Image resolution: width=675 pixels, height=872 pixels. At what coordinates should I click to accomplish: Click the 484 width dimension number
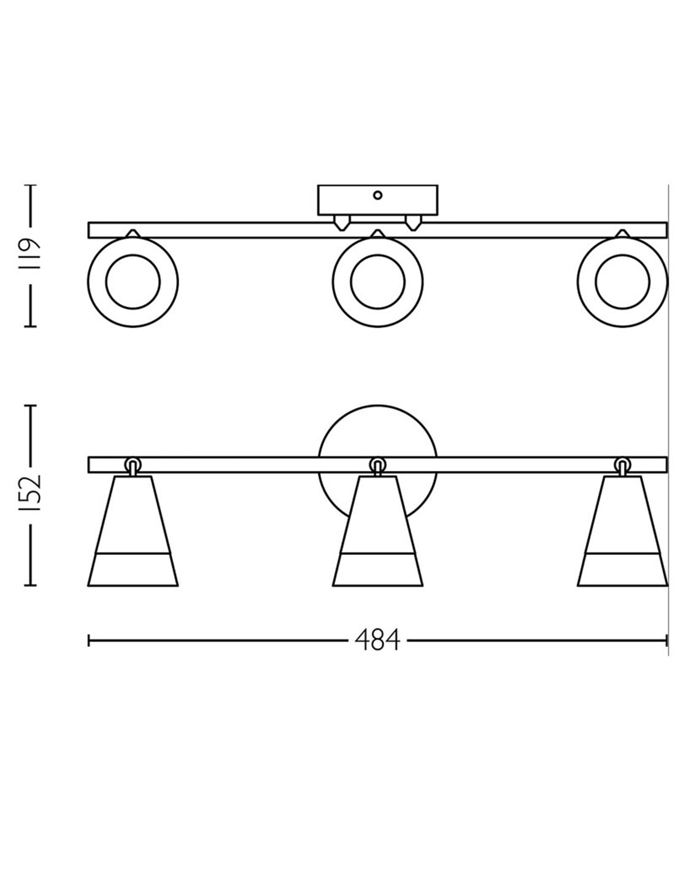point(377,640)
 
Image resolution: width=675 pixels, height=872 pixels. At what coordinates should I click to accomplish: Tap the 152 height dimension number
point(30,493)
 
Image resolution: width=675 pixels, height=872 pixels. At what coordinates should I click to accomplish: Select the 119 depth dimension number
point(30,254)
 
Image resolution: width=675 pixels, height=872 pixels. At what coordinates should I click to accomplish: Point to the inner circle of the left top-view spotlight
point(133,281)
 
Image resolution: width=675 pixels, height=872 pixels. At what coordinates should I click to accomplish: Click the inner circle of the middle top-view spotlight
point(377,281)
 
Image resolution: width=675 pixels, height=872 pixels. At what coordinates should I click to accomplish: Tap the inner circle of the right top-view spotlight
point(622,281)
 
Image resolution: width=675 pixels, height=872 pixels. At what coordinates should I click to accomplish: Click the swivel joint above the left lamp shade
point(133,467)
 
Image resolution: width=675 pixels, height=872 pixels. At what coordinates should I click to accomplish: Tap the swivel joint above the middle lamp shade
point(377,467)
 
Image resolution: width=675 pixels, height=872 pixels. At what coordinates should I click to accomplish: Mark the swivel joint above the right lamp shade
point(622,467)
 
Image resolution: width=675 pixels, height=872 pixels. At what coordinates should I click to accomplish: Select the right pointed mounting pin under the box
point(414,223)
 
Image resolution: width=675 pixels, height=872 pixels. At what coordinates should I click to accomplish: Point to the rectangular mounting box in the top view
point(377,200)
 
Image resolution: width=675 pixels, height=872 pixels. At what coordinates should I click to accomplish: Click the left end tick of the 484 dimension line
point(88,640)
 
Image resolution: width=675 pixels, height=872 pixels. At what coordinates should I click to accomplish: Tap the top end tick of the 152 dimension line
point(30,406)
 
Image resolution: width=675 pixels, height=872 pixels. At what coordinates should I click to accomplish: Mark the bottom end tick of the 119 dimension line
point(30,326)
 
